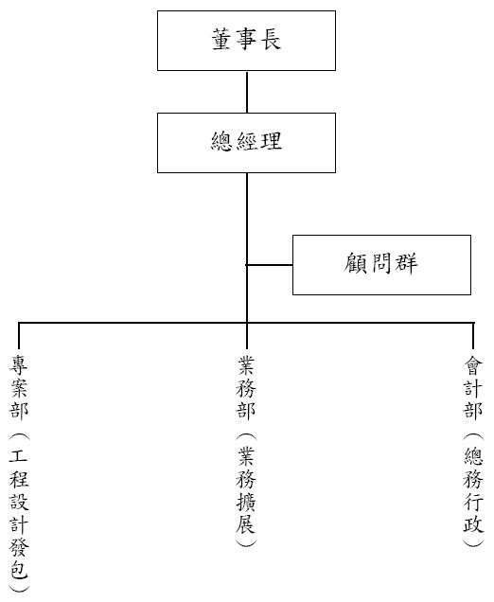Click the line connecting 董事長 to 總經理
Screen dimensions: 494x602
coord(247,92)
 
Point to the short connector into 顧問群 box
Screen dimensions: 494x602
coord(270,265)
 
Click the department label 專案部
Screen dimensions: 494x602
coord(19,386)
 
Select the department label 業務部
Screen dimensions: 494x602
coord(246,386)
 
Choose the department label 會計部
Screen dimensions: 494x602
coord(473,386)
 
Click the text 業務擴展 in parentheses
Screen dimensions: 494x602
coord(246,490)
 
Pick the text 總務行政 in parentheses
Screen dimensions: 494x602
coord(473,490)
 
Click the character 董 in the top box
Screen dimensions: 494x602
coord(221,40)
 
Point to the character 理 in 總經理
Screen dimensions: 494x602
coord(272,141)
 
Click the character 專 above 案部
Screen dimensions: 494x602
coord(19,364)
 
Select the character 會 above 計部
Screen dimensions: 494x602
coord(473,364)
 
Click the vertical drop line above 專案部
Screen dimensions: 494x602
coord(19,336)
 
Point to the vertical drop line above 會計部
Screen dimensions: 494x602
coord(473,336)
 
